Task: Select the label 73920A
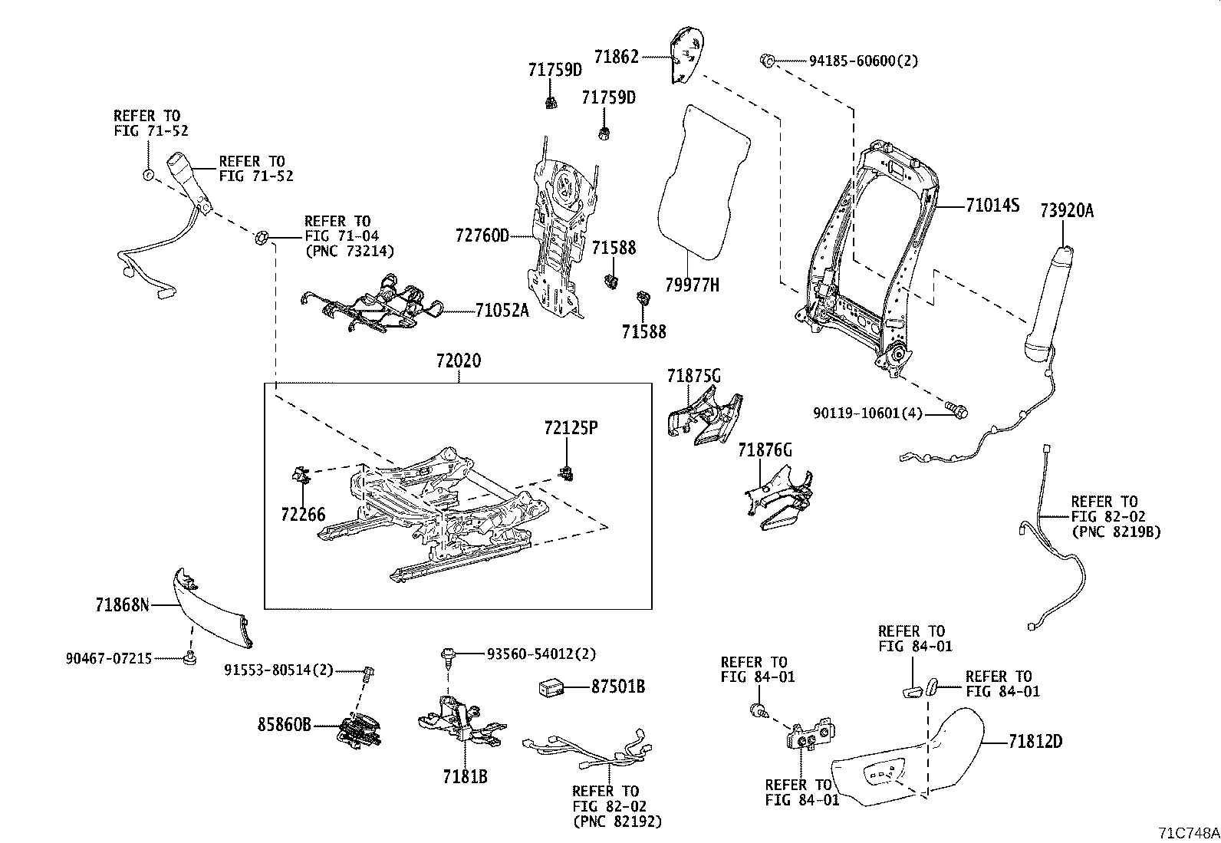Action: coord(1066,211)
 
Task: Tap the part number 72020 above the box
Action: coord(459,360)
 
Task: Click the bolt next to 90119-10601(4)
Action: coord(956,410)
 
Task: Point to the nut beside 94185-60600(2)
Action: coord(768,59)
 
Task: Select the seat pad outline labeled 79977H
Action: coord(703,180)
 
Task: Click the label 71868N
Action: coord(122,605)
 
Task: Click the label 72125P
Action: coord(571,427)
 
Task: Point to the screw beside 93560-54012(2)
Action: coord(447,654)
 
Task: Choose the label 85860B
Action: coord(284,723)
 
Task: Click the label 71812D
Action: coord(1035,742)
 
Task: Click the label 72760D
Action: coord(482,235)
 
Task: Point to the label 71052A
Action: coord(502,311)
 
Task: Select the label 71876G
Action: coord(765,450)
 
